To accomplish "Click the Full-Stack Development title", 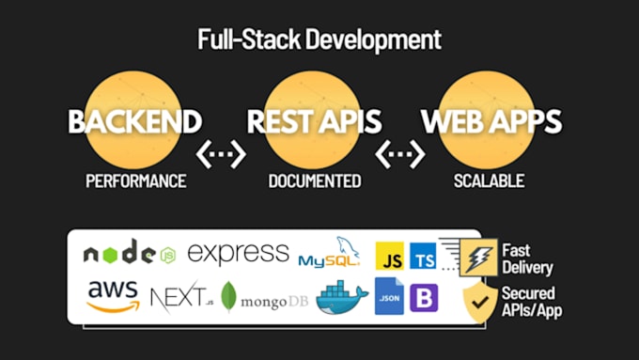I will point(319,40).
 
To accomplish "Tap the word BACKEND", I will point(134,120).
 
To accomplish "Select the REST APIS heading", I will point(314,120).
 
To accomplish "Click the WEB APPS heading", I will point(491,120).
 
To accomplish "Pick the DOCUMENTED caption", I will point(314,180).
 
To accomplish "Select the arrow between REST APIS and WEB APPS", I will point(399,151).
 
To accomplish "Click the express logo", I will point(238,252).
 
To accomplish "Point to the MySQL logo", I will point(329,255).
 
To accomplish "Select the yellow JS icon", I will point(390,256).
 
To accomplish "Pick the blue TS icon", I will point(424,256).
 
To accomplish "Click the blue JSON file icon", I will point(389,297).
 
